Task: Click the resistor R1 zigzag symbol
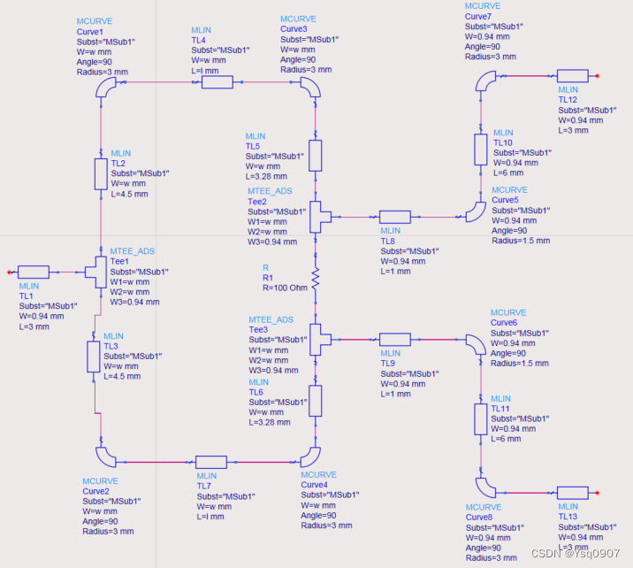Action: coord(314,275)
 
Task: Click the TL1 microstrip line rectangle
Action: coord(34,272)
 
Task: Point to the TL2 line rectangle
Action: coord(101,174)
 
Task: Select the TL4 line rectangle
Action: coord(217,82)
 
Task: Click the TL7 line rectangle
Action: coord(211,461)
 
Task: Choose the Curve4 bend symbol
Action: coord(310,457)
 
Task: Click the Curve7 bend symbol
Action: coord(485,81)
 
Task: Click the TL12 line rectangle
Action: coord(573,76)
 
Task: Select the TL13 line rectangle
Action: coord(573,492)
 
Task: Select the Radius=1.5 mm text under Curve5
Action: coord(521,240)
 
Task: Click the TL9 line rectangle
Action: coord(395,337)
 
